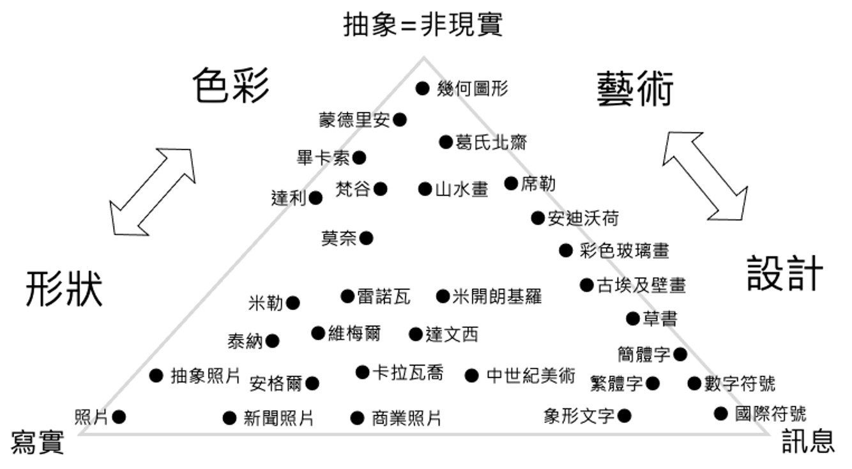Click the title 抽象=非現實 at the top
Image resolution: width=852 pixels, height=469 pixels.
point(423,25)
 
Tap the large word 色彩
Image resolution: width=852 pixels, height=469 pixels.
point(231,86)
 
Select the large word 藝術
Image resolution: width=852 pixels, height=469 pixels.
point(635,89)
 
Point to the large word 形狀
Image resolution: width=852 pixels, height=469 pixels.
point(65,289)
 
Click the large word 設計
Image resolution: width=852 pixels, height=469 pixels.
point(785,274)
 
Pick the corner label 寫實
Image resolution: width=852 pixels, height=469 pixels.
point(38,442)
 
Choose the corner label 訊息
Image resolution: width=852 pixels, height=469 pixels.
point(808,442)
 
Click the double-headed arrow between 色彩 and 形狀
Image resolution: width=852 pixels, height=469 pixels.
point(151,192)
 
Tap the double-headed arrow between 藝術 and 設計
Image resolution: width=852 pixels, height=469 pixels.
point(704,174)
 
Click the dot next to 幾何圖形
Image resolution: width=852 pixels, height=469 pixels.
point(422,88)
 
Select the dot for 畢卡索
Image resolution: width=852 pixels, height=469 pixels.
point(359,157)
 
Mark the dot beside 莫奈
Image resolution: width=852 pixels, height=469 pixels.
point(366,238)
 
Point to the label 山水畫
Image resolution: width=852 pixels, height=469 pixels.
point(462,189)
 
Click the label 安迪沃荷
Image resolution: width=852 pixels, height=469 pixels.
point(583,219)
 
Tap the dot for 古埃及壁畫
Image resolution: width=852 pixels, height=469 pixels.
point(586,285)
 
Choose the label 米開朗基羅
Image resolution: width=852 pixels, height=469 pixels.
point(497,296)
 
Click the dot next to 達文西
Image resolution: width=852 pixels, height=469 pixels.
point(416,334)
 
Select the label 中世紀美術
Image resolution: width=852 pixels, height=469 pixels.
point(530,376)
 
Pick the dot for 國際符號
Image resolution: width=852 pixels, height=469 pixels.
point(721,413)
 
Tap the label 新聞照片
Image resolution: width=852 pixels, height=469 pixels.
point(278,419)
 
